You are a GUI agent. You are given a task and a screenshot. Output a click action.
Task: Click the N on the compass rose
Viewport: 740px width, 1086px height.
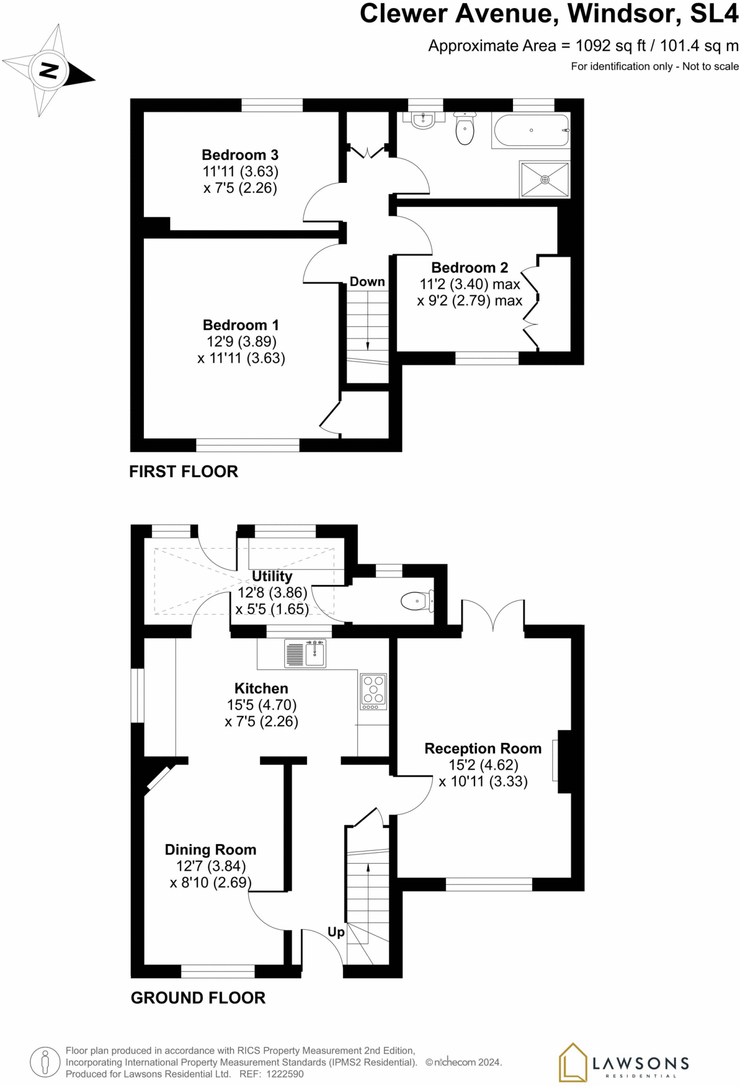tap(49, 71)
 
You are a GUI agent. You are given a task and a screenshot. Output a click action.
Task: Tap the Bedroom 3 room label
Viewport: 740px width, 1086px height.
tap(240, 155)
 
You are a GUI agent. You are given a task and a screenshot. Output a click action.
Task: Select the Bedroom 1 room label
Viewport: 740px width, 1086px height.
tap(241, 325)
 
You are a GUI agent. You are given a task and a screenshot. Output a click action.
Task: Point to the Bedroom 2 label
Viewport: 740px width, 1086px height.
tap(469, 267)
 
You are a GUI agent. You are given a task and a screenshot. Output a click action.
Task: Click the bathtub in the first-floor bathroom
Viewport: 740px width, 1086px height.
tap(531, 130)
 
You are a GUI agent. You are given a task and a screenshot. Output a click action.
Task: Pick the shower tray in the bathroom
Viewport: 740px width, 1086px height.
tap(545, 180)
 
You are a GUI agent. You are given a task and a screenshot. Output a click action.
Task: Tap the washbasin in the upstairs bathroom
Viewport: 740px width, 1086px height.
tap(423, 120)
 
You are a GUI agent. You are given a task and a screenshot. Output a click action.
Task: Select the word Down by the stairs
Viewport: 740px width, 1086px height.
tap(367, 282)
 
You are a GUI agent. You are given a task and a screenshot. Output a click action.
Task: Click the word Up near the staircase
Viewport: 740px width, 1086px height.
tap(336, 932)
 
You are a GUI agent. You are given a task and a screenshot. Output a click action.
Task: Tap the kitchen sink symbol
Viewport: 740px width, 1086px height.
tap(306, 653)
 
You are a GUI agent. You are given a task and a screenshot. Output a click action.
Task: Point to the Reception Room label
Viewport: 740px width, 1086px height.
tap(483, 748)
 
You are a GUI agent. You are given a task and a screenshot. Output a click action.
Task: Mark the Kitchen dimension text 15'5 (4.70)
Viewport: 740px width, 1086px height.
tap(262, 705)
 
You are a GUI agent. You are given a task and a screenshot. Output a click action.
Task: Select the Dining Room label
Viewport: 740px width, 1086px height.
tap(211, 849)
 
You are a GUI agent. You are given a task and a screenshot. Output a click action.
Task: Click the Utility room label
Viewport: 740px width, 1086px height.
tap(272, 576)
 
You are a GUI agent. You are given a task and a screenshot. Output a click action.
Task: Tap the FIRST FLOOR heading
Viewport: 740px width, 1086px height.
tap(184, 471)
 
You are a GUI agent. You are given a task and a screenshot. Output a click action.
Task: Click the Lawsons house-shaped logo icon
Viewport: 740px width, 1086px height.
tap(572, 1062)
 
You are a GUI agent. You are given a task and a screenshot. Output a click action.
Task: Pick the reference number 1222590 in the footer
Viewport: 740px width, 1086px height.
tap(286, 1074)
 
